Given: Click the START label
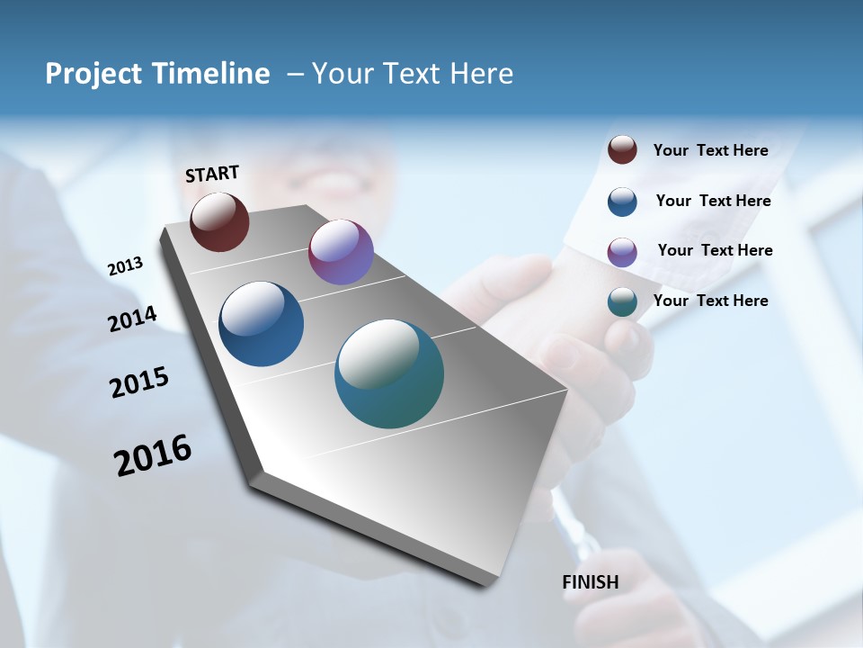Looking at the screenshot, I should pyautogui.click(x=212, y=174).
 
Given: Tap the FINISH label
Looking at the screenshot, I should pyautogui.click(x=591, y=582).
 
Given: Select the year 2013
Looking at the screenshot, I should pyautogui.click(x=126, y=265).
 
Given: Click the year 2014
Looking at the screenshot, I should pyautogui.click(x=133, y=319).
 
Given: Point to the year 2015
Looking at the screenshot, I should pyautogui.click(x=139, y=382).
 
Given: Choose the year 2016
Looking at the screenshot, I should pyautogui.click(x=153, y=455).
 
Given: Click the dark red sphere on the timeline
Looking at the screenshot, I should pyautogui.click(x=219, y=221).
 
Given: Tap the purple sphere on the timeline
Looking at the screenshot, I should pyautogui.click(x=341, y=252).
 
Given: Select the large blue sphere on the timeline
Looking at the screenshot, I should pyautogui.click(x=262, y=324).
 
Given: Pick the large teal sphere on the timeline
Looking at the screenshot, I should pyautogui.click(x=389, y=373).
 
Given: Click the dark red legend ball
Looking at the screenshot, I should pyautogui.click(x=622, y=150).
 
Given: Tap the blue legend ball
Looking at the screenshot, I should pyautogui.click(x=622, y=202).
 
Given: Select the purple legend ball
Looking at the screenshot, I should pyautogui.click(x=622, y=252).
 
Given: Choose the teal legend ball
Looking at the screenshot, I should pyautogui.click(x=622, y=301).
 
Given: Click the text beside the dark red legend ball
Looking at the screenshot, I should pyautogui.click(x=710, y=151).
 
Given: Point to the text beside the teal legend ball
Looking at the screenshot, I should pyautogui.click(x=710, y=301).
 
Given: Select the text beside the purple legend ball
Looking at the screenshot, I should pyautogui.click(x=715, y=250).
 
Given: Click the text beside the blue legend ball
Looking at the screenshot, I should pyautogui.click(x=713, y=201).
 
